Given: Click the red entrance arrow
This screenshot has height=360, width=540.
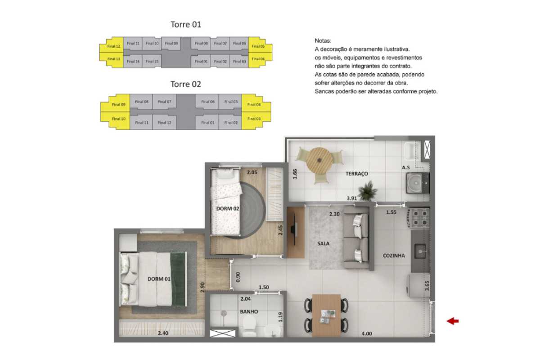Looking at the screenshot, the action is coord(453,321).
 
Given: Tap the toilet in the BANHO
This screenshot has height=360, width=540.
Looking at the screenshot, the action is coord(249,327).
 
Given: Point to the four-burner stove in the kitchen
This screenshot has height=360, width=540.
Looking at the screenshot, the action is coord(420,218).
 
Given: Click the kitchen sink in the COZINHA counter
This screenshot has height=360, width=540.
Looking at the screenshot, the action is coord(420,251).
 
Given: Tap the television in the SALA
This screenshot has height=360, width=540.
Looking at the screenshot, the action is coord(294,231).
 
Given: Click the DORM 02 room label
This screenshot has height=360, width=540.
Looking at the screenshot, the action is coord(228,208).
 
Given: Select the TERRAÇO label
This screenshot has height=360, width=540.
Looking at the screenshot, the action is coord(356,174).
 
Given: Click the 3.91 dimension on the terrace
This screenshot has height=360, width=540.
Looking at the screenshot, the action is coord(352,198).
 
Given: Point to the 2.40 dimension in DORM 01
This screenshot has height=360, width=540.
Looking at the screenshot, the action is coord(163,333).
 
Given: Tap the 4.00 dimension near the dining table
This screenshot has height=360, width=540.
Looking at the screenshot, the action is coord(366,333).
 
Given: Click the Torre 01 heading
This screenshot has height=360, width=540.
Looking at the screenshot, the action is coord(185,24).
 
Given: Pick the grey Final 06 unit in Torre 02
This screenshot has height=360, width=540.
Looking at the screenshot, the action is coord(207,102).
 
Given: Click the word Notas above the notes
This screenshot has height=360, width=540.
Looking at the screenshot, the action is coord(323,40).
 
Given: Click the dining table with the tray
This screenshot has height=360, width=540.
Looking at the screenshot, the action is coord(326,315).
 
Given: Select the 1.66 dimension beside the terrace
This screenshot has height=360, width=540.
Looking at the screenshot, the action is coord(295,174).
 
